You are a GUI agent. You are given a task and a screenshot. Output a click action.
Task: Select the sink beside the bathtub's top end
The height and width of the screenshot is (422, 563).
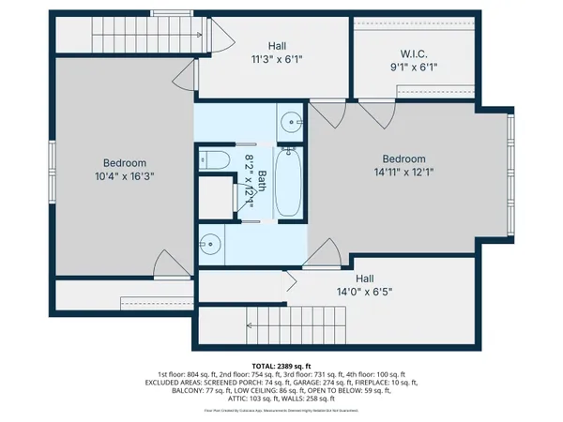coord(290,122)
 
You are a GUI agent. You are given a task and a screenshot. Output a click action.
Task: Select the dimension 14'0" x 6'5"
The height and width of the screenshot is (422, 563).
coord(364,292)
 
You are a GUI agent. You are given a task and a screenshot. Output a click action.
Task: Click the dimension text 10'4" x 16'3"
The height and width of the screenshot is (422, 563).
coord(123,174)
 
